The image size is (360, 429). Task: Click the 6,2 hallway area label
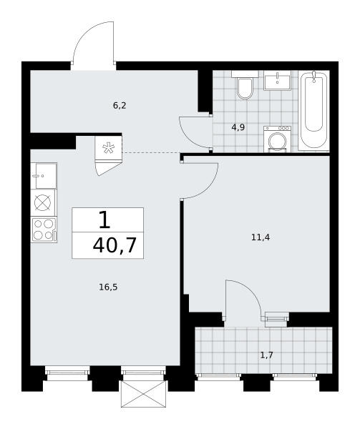(120, 106)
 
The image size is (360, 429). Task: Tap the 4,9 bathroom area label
(238, 127)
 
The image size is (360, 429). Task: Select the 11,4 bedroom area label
(261, 237)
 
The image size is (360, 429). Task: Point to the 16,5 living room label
(108, 287)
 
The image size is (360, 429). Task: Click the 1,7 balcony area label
(266, 355)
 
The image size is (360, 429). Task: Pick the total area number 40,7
(115, 245)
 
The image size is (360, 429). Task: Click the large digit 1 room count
(104, 220)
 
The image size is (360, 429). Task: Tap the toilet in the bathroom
(245, 84)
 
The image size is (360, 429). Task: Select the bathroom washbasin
(277, 80)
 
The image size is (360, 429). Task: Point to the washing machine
(277, 139)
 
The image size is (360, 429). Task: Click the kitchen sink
(44, 176)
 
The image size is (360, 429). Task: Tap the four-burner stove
(44, 230)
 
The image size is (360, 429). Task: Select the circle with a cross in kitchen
(42, 203)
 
